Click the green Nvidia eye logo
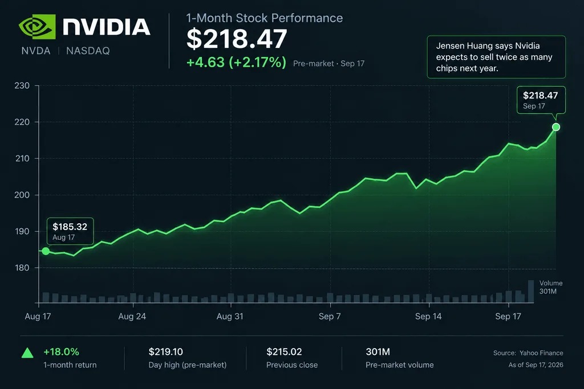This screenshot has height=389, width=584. click(37, 27)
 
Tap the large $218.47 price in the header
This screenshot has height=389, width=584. click(237, 39)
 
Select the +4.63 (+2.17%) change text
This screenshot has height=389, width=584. click(236, 62)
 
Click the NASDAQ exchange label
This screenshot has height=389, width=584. click(88, 51)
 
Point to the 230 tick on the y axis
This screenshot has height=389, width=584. click(22, 85)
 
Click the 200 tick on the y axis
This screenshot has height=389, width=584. click(22, 195)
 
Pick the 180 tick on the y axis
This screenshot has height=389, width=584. click(22, 268)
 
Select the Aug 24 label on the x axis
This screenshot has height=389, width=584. click(132, 317)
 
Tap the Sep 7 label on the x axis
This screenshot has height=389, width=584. click(330, 317)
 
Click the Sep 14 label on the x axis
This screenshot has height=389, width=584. click(428, 317)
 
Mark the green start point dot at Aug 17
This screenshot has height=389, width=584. click(46, 251)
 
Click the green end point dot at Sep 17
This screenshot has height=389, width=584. click(556, 127)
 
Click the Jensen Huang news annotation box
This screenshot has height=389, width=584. click(496, 57)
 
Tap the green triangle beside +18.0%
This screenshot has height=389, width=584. click(27, 353)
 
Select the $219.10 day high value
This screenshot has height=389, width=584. click(166, 352)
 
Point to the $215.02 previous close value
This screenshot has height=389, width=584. click(284, 352)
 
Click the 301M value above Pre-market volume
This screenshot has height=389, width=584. click(378, 352)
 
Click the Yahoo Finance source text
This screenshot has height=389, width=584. click(541, 353)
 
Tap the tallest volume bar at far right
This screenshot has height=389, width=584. click(531, 291)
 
